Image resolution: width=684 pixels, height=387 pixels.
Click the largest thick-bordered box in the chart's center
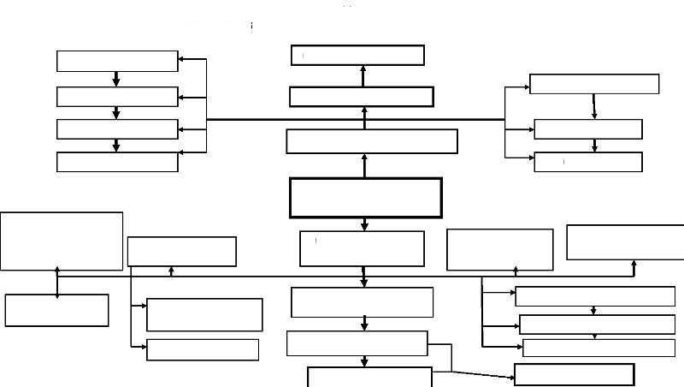pyautogui.click(x=366, y=198)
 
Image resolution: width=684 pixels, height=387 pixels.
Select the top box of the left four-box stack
pyautogui.click(x=117, y=61)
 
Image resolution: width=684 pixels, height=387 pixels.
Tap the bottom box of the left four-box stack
pyautogui.click(x=117, y=161)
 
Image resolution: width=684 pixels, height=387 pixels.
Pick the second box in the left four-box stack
pyautogui.click(x=117, y=96)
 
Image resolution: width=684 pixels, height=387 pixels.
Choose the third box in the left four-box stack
pyautogui.click(x=117, y=128)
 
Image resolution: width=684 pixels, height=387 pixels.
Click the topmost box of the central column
pyautogui.click(x=358, y=55)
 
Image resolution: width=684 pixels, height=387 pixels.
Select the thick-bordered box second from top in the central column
pyautogui.click(x=361, y=96)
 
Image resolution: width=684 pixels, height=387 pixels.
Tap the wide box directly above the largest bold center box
pyautogui.click(x=372, y=141)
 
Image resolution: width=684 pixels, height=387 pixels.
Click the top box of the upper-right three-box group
pyautogui.click(x=594, y=84)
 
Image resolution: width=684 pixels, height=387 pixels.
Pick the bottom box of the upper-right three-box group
pyautogui.click(x=588, y=162)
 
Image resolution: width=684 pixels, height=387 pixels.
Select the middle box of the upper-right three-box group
pyautogui.click(x=588, y=129)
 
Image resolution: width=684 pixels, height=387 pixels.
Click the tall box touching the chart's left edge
pyautogui.click(x=62, y=241)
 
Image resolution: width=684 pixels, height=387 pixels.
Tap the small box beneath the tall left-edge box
pyautogui.click(x=57, y=310)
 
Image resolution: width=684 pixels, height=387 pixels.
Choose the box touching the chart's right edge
pyautogui.click(x=625, y=242)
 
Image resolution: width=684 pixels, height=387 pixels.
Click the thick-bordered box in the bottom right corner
pyautogui.click(x=574, y=374)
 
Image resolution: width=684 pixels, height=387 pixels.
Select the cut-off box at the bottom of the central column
pyautogui.click(x=369, y=377)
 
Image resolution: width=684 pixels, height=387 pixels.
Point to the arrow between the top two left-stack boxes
pyautogui.click(x=116, y=79)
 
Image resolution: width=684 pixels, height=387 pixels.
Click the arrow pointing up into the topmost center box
pyautogui.click(x=363, y=74)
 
